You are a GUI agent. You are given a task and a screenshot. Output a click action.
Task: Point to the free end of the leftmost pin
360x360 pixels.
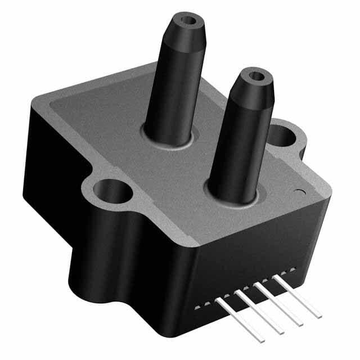pyautogui.click(x=262, y=339)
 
